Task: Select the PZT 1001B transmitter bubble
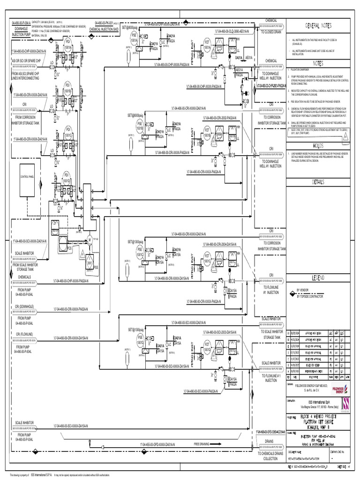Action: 207,133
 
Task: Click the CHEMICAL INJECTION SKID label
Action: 107,29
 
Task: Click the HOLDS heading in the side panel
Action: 318,146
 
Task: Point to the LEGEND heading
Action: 318,278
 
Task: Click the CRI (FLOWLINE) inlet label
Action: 23,334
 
